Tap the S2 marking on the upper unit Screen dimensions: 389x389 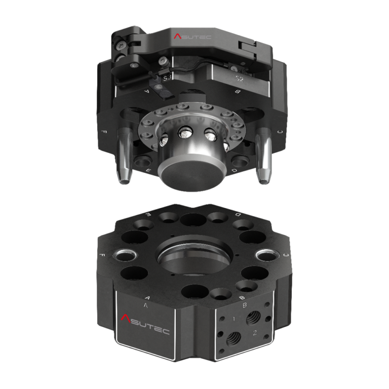tap(239, 80)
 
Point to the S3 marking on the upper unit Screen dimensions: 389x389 tap(166, 79)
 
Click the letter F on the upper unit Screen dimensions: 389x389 tap(104, 132)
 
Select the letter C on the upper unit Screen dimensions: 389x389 tap(280, 132)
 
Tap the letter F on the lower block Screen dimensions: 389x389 tap(103, 255)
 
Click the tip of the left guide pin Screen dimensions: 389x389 tap(123, 179)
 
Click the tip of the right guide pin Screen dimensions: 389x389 tap(263, 179)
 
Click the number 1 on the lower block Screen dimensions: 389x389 tap(234, 320)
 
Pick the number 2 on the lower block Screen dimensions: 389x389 tap(255, 332)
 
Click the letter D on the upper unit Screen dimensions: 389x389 tap(234, 171)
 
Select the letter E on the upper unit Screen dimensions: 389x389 tap(147, 171)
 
